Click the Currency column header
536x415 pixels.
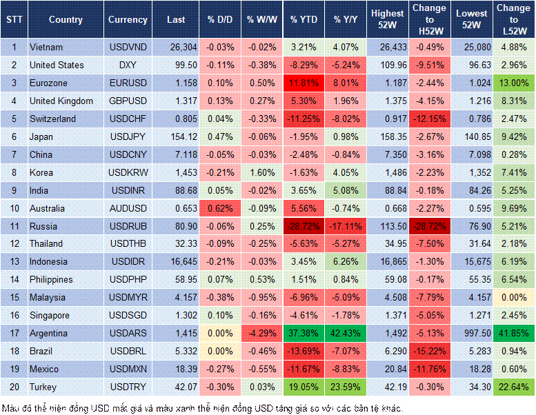[x=128, y=20]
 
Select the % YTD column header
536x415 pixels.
[x=304, y=20]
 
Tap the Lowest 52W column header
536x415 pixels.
[x=471, y=20]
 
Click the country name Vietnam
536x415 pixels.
[x=46, y=47]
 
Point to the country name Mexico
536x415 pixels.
[x=44, y=370]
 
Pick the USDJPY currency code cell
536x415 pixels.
[x=128, y=136]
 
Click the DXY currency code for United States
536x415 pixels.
[x=128, y=65]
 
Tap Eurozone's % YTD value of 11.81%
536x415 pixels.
[x=304, y=83]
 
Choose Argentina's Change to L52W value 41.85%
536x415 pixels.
[x=513, y=334]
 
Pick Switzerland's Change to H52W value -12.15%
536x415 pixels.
[x=430, y=119]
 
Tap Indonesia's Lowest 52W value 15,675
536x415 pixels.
[x=471, y=262]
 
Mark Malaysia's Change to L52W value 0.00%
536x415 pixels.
[x=513, y=298]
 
